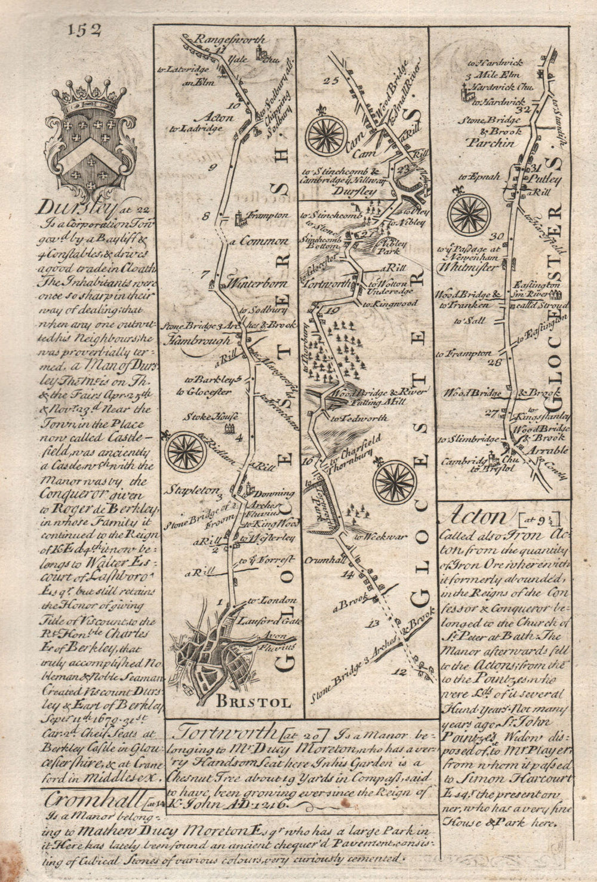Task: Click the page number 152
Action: coord(84,29)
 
